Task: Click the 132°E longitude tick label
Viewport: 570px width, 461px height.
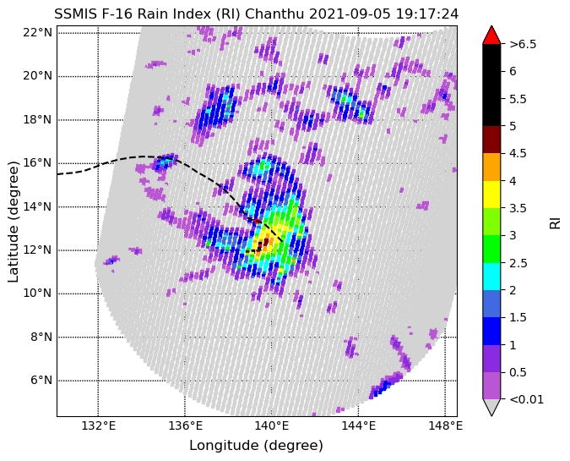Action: [x=99, y=425]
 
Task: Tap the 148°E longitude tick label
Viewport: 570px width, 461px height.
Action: [x=445, y=425]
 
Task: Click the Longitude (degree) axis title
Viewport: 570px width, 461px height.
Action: [x=256, y=445]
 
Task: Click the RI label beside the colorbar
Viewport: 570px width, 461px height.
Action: [x=555, y=222]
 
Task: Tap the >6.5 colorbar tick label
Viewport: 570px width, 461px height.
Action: [x=523, y=44]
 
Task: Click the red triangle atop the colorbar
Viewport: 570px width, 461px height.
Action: [x=491, y=35]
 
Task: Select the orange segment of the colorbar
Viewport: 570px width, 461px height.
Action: [x=491, y=167]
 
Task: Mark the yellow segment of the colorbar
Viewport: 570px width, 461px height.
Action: [x=491, y=194]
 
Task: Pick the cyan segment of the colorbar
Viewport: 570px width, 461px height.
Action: [x=491, y=276]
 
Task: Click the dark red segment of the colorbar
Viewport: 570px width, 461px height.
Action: [x=491, y=140]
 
